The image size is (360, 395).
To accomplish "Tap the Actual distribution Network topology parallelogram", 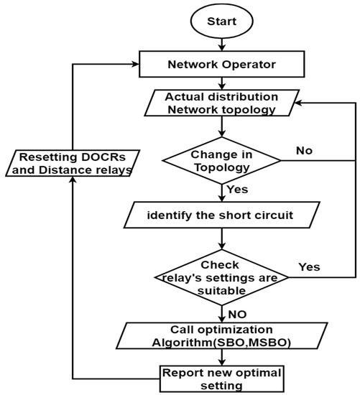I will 221,104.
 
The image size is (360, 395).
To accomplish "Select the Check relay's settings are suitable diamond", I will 222,276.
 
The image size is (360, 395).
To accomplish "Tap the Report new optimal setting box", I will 222,378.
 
